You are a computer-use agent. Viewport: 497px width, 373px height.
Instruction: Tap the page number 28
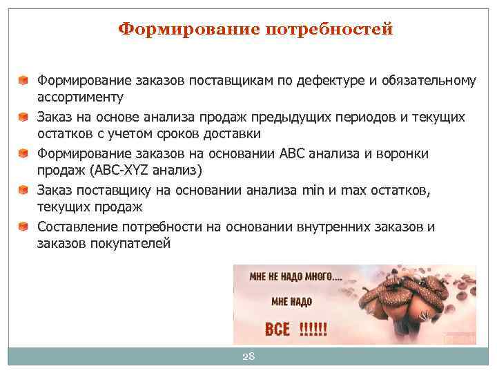pyautogui.click(x=248, y=356)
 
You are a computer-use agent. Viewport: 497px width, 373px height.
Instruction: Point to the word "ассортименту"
pyautogui.click(x=80, y=96)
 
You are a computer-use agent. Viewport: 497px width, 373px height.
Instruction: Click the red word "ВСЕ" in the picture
pyautogui.click(x=277, y=328)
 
